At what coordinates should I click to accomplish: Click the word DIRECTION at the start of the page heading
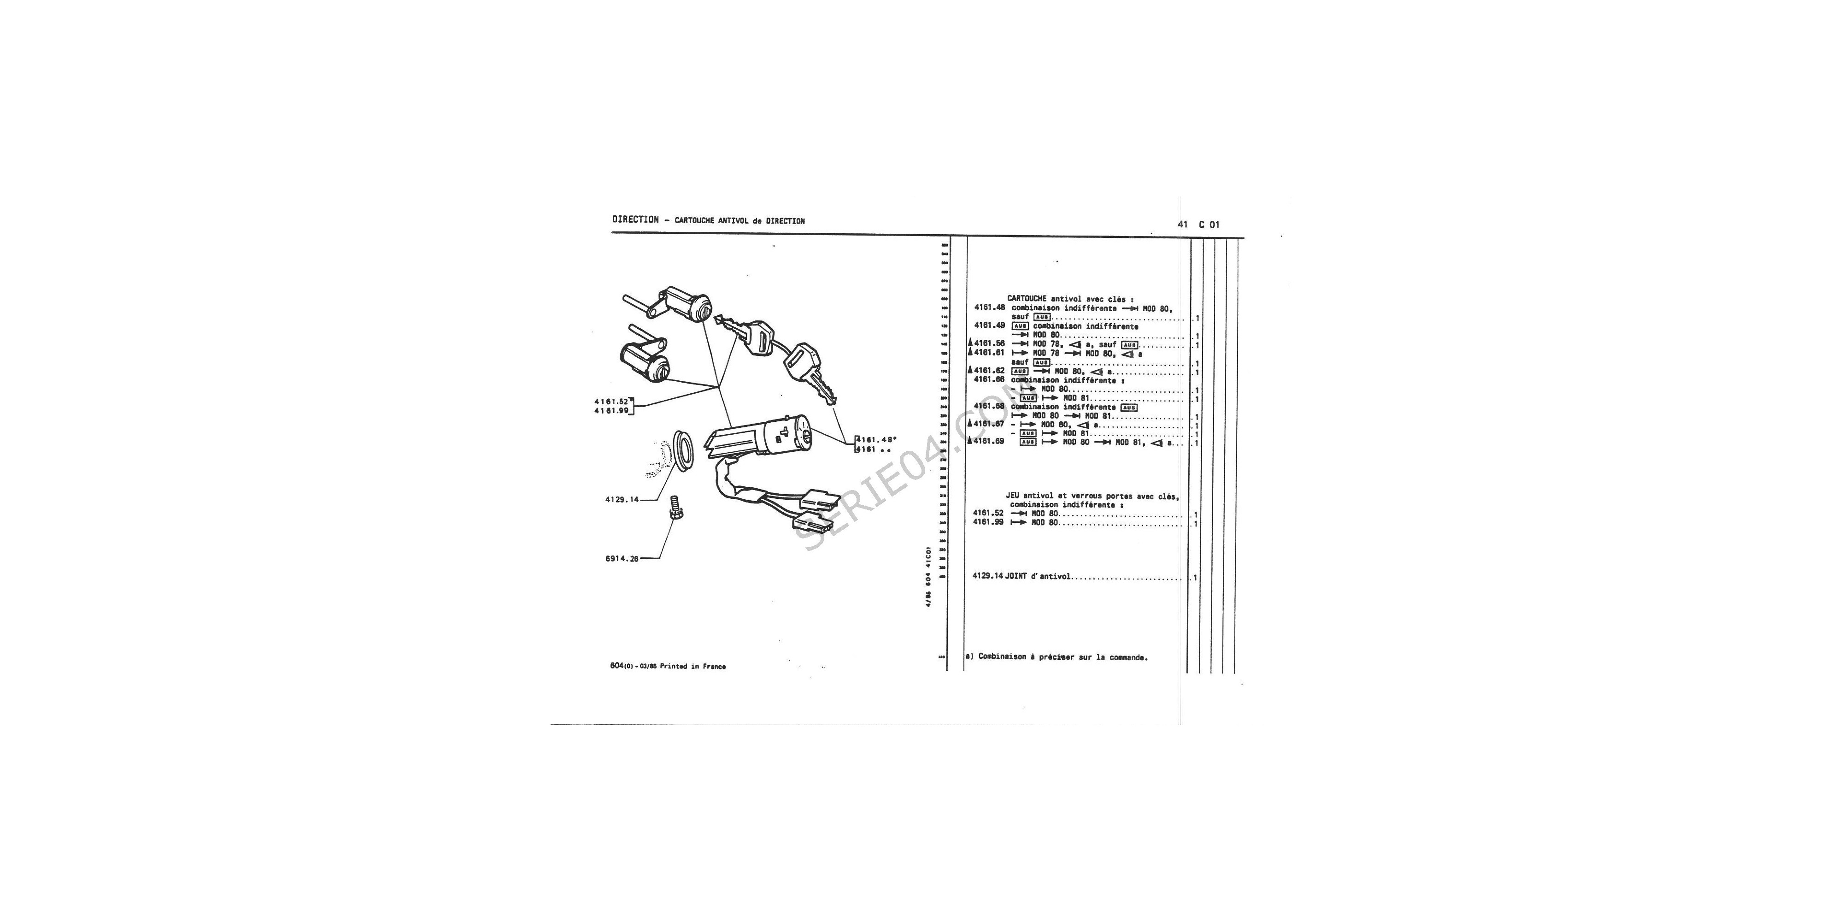point(635,220)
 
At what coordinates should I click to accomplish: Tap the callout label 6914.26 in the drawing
point(622,559)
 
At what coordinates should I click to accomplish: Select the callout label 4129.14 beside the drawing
point(622,500)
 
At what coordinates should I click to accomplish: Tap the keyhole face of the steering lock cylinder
point(805,433)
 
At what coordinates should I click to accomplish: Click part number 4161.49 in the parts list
point(990,325)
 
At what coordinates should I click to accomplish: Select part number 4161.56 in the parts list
point(990,343)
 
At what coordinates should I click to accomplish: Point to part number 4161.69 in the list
point(990,442)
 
